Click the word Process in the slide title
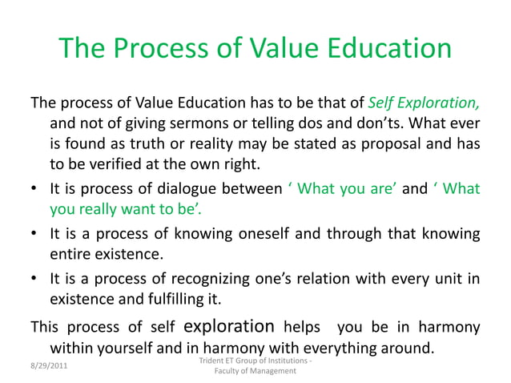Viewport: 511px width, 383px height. click(x=164, y=50)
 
